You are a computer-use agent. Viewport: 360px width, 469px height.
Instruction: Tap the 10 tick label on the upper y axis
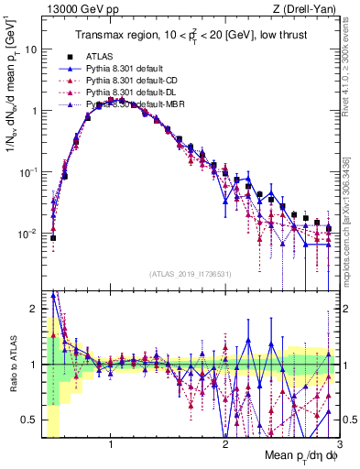pyautogui.click(x=31, y=49)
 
